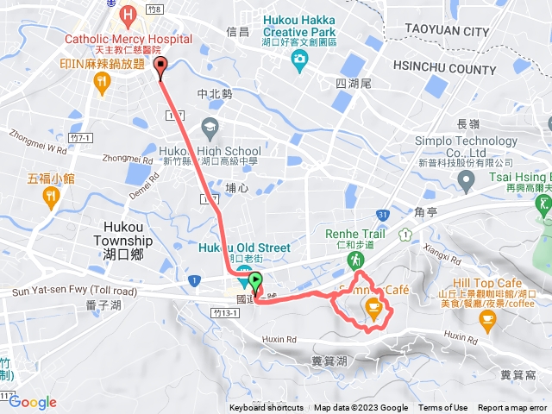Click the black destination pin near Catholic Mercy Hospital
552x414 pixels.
pos(160,68)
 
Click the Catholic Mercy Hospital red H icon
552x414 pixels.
pos(129,15)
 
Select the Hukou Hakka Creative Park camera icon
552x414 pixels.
pos(299,58)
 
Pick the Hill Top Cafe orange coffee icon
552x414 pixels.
pos(488,321)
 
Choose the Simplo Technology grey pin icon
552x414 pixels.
pos(467,181)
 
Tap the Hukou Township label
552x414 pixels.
pos(126,248)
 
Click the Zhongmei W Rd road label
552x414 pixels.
pos(38,141)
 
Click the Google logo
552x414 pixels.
pos(33,402)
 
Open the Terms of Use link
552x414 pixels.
pos(443,408)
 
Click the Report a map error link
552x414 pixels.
pos(512,408)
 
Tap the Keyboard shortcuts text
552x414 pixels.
pos(266,408)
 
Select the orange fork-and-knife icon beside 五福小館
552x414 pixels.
pos(51,198)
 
